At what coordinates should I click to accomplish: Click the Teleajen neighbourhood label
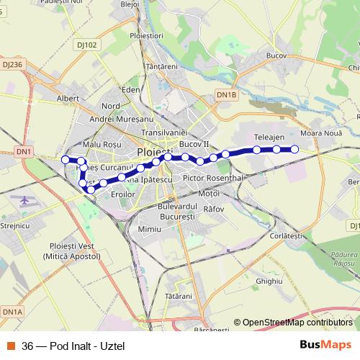(270, 136)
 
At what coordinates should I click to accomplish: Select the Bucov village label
(276, 55)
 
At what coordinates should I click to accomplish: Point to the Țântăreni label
(161, 66)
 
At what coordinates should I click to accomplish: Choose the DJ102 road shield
(86, 45)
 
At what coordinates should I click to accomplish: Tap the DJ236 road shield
(13, 64)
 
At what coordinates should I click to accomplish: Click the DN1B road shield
(226, 94)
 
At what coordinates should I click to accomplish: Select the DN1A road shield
(12, 311)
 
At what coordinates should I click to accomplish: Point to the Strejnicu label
(14, 225)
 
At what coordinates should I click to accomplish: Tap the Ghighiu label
(269, 281)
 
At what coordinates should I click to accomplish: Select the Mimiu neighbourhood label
(150, 228)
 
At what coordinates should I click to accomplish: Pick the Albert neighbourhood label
(68, 97)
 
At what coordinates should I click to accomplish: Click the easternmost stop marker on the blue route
(294, 149)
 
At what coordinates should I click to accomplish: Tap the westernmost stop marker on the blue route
(66, 159)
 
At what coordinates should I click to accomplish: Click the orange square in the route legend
(11, 344)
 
